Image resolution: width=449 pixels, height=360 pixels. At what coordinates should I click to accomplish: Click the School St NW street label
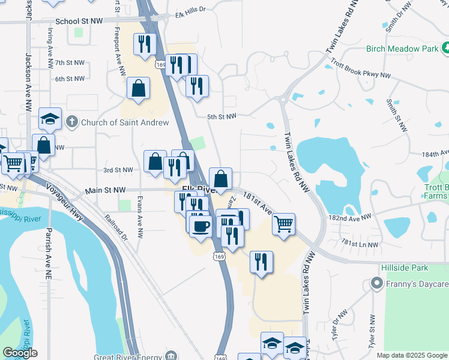(x=79, y=21)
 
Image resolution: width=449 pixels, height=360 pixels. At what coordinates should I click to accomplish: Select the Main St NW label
(x=106, y=190)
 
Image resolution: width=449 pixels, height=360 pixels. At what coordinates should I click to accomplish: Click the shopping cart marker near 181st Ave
(x=283, y=224)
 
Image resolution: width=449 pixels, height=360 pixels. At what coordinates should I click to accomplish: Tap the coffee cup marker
(x=200, y=226)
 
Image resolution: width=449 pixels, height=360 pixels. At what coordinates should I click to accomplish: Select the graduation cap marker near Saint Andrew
(x=50, y=119)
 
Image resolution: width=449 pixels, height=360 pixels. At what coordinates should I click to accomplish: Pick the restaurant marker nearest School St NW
(x=145, y=44)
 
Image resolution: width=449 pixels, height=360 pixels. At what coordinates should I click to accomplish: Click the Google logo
(x=20, y=353)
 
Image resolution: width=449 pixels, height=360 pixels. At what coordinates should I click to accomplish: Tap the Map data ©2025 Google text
(x=412, y=355)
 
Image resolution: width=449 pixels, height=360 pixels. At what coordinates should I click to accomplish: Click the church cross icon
(x=71, y=122)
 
